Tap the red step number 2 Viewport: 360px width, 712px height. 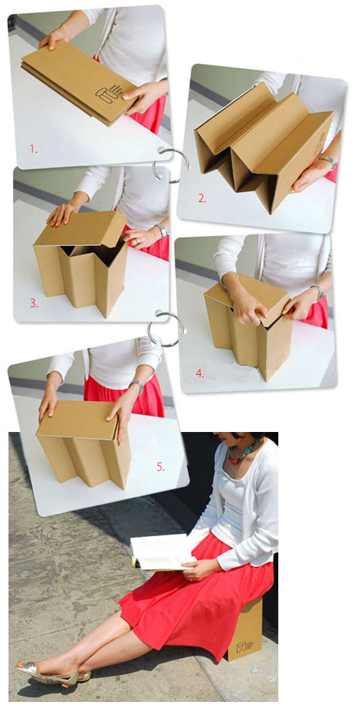202,198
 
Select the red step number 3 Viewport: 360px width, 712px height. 34,303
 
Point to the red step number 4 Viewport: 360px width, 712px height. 200,373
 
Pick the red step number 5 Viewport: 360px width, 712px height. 160,467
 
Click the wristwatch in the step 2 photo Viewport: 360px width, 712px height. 328,160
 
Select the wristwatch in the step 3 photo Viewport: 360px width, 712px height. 160,230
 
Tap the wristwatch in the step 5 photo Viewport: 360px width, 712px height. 136,386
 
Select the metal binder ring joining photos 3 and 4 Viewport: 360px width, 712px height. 166,329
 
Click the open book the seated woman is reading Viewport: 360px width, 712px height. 161,552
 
